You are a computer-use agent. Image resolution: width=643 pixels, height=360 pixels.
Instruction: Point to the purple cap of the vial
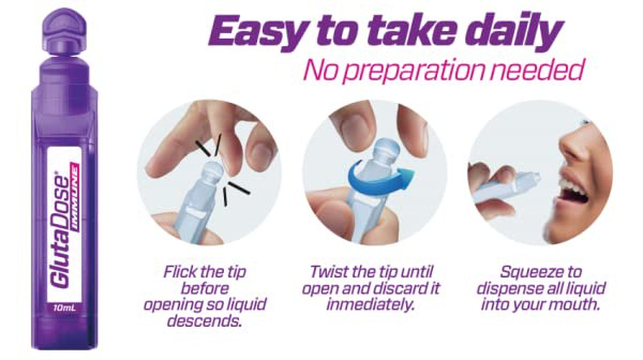tap(64, 31)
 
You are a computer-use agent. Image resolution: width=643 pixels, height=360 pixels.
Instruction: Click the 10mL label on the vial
tap(64, 309)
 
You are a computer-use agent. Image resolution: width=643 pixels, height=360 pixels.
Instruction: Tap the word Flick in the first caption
tap(180, 272)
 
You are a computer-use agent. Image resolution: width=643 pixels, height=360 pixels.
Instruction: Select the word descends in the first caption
tap(204, 321)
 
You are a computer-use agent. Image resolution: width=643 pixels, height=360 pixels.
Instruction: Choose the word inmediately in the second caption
tap(371, 305)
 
